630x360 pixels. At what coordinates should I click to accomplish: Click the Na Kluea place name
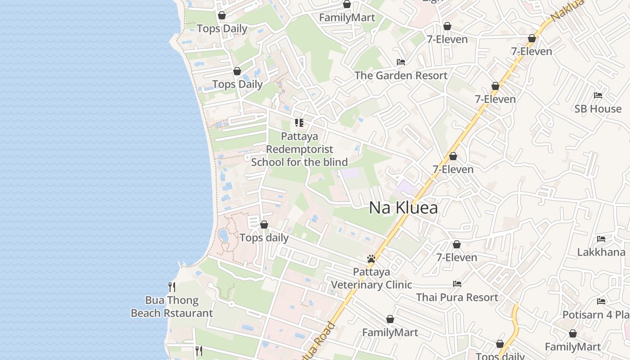click(x=403, y=207)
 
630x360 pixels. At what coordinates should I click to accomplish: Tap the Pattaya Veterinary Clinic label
click(x=371, y=279)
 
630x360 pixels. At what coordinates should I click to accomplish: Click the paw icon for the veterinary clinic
click(x=371, y=259)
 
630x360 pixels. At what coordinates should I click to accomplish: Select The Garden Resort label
click(x=401, y=75)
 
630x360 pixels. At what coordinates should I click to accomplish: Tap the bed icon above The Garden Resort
click(x=401, y=62)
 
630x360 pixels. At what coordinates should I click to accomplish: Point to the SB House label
click(x=598, y=108)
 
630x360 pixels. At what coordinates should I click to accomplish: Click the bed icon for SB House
click(x=598, y=95)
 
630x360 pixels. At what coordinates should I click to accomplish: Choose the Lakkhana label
click(x=601, y=252)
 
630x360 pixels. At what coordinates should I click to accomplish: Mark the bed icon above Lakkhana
click(x=601, y=239)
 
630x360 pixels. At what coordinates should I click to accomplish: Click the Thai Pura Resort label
click(x=457, y=297)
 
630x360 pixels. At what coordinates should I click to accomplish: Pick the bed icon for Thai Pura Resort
click(x=457, y=284)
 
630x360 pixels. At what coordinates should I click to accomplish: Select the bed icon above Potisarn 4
click(x=601, y=301)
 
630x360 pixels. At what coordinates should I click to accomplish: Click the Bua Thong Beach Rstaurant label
click(x=172, y=306)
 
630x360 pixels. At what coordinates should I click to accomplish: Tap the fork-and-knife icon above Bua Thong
click(x=172, y=287)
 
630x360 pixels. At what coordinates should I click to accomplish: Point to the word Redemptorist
click(x=300, y=149)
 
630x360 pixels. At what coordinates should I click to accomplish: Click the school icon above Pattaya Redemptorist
click(x=299, y=122)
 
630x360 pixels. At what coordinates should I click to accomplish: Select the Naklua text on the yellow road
click(x=567, y=9)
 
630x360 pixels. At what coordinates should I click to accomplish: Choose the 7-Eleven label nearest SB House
click(x=495, y=99)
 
